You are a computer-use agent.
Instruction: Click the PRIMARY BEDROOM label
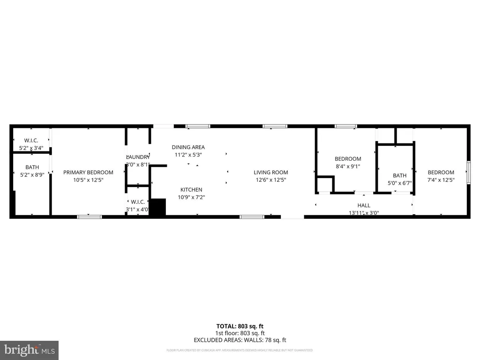(x=88, y=172)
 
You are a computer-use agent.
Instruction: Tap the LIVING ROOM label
(x=271, y=172)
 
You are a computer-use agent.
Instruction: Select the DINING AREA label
(x=188, y=147)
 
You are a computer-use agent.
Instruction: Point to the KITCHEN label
(x=191, y=189)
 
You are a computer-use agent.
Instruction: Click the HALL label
(x=364, y=205)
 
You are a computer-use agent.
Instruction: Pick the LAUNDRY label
(x=138, y=157)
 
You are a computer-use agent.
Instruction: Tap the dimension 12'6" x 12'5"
(x=271, y=180)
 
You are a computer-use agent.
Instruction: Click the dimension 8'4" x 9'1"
(x=348, y=166)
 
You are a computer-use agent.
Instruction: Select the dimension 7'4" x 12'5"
(x=441, y=180)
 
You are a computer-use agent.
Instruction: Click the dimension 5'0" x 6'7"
(x=399, y=183)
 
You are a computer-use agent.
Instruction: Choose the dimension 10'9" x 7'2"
(x=191, y=197)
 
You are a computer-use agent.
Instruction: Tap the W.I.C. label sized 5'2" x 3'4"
(x=31, y=141)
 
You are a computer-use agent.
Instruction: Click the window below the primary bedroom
(x=89, y=217)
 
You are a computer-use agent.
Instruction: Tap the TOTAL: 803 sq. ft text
(x=240, y=326)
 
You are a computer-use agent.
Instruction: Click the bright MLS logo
(x=29, y=350)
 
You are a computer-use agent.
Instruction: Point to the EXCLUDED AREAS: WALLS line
(x=240, y=340)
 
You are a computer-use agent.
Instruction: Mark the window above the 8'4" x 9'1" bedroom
(x=345, y=126)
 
